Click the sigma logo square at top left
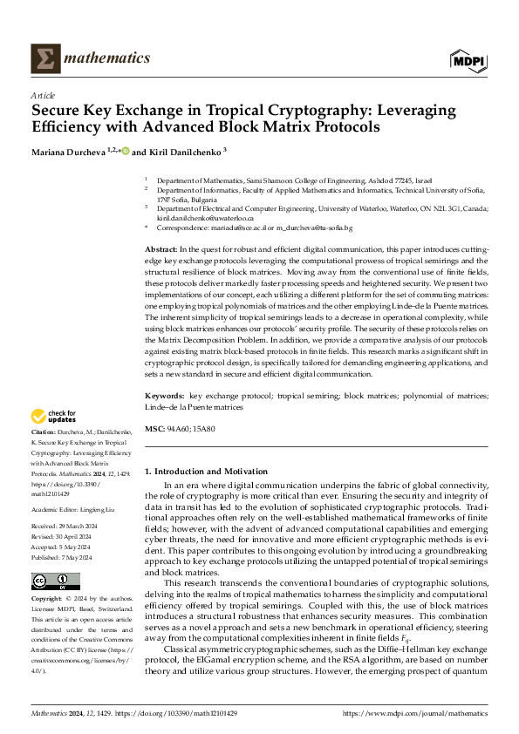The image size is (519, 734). (44, 58)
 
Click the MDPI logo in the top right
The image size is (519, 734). (468, 59)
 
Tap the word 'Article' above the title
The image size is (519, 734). (43, 95)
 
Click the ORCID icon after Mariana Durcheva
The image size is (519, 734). (124, 151)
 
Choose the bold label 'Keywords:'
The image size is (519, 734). (166, 397)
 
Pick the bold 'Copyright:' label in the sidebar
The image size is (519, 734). (47, 600)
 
